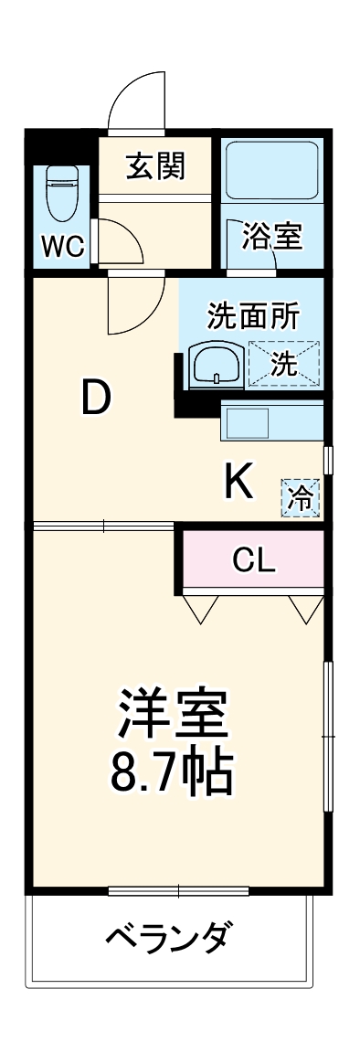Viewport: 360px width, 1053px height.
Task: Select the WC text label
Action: tap(62, 246)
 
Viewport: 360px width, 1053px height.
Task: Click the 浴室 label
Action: tap(271, 237)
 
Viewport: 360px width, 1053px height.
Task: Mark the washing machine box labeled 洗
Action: tap(284, 363)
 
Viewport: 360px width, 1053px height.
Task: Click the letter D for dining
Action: tap(96, 399)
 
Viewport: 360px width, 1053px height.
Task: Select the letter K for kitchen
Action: tap(238, 482)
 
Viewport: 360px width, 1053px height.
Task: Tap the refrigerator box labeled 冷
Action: tap(300, 497)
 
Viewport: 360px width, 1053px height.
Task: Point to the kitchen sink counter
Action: tap(271, 422)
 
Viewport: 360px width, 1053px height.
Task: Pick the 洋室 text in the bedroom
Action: tap(172, 716)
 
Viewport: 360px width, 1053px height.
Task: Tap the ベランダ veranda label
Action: tap(168, 937)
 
